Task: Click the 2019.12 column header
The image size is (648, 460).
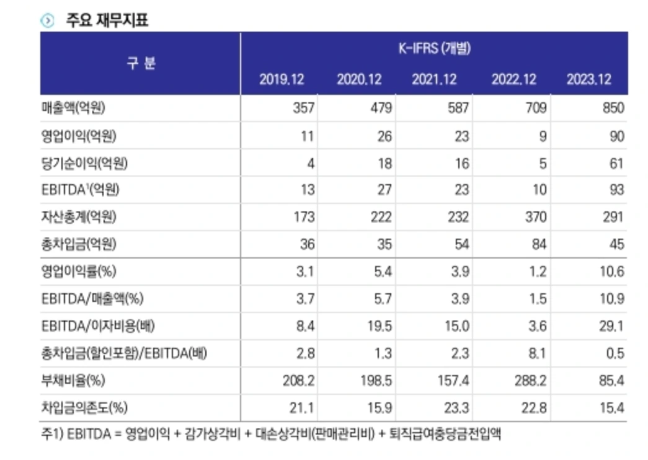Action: [x=281, y=80]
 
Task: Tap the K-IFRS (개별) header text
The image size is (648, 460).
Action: [x=433, y=49]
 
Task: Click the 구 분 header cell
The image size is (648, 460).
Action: [x=141, y=63]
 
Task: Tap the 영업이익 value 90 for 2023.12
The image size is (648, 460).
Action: [x=616, y=136]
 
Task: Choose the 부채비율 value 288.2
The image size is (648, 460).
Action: [x=530, y=380]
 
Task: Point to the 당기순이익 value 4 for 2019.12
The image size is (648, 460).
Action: [x=310, y=163]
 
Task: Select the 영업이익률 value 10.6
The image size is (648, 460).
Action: [x=611, y=272]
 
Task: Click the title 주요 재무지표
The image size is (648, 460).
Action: [x=107, y=20]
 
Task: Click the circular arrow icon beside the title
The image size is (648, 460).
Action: [x=47, y=20]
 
